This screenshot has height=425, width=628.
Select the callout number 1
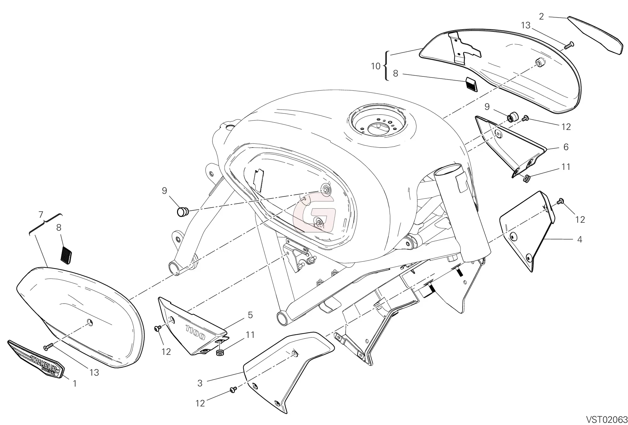[x=75, y=383]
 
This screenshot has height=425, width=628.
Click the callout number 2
[x=541, y=17]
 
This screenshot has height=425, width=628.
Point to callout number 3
[x=200, y=383]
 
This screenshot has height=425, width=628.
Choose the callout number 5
[x=250, y=315]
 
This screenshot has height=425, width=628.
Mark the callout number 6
[x=566, y=147]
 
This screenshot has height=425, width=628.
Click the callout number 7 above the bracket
[x=41, y=215]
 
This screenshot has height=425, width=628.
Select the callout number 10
[x=376, y=66]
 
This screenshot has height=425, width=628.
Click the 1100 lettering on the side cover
[x=195, y=332]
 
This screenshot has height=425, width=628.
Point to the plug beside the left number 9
[x=182, y=212]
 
